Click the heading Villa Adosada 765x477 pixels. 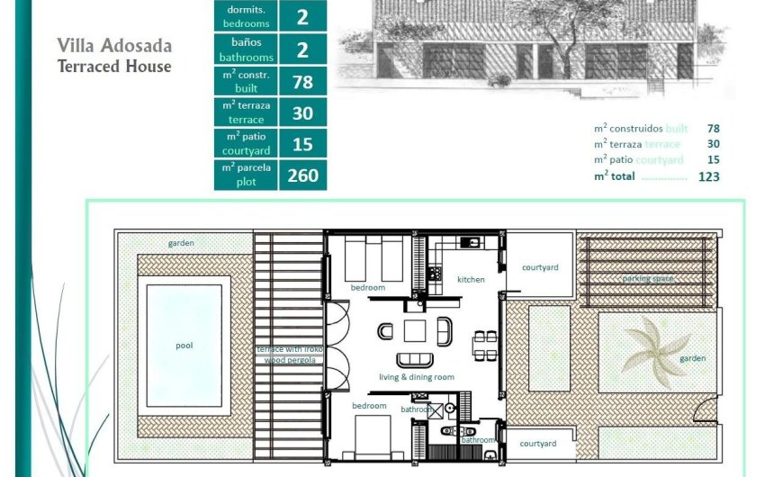(114, 46)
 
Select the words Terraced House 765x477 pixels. (114, 67)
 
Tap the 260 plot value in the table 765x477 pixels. (302, 175)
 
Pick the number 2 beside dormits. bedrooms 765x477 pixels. (302, 15)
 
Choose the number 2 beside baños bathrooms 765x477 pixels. (302, 49)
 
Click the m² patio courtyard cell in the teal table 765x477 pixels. (246, 143)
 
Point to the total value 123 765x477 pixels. (708, 176)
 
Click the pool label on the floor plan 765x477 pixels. (184, 345)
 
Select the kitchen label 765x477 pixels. (471, 279)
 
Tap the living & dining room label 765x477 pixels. (416, 377)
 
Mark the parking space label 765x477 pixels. (648, 279)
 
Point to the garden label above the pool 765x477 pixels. (181, 243)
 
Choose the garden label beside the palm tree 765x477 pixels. (693, 358)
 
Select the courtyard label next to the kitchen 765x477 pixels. (540, 267)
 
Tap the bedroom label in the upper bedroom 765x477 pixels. (367, 287)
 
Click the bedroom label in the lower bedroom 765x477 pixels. (369, 406)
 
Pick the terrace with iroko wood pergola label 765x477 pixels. (288, 354)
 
